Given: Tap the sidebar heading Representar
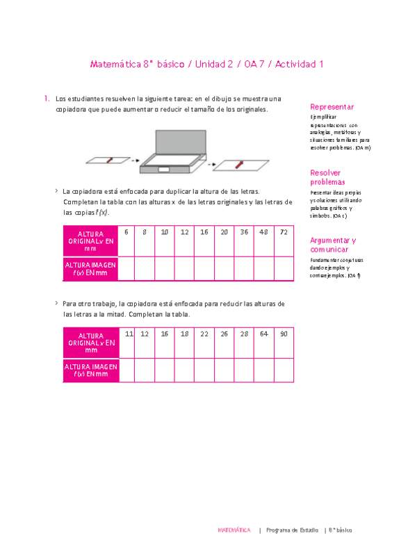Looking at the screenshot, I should pyautogui.click(x=332, y=107).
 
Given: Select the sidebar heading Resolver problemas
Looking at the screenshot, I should pyautogui.click(x=327, y=177).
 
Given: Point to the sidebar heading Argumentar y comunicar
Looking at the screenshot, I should pyautogui.click(x=332, y=244).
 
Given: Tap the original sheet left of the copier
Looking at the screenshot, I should pyautogui.click(x=108, y=161).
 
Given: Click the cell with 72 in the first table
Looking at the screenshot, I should pyautogui.click(x=284, y=232).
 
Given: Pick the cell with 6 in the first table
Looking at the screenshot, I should pyautogui.click(x=126, y=232).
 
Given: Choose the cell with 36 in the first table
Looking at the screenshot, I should pyautogui.click(x=244, y=232).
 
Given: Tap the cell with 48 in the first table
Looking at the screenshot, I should pyautogui.click(x=264, y=232).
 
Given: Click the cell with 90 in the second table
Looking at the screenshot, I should pyautogui.click(x=284, y=334).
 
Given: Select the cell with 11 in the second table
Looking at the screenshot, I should pyautogui.click(x=129, y=334).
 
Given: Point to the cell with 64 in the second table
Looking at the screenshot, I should pyautogui.click(x=264, y=334).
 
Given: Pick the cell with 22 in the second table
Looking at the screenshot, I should pyautogui.click(x=204, y=334).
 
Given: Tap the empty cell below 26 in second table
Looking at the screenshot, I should pyautogui.click(x=224, y=370).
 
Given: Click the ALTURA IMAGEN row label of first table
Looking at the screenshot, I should pyautogui.click(x=90, y=268).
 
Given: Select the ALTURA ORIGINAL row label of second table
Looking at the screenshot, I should pyautogui.click(x=90, y=343).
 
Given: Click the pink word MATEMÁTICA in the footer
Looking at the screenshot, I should pyautogui.click(x=234, y=530).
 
